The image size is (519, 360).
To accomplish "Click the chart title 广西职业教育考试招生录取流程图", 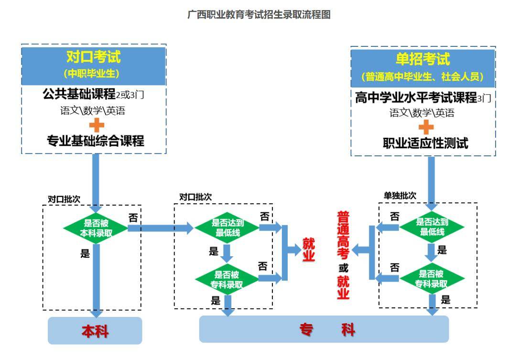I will click(259, 15).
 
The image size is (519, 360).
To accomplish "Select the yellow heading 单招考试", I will click(423, 59).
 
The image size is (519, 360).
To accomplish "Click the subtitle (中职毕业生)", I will click(94, 74).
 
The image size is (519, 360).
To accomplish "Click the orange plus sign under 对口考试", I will click(97, 126).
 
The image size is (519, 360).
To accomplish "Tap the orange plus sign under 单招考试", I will click(426, 127).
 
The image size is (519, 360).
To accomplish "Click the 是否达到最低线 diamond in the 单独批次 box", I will click(432, 227).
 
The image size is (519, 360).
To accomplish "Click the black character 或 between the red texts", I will click(343, 268).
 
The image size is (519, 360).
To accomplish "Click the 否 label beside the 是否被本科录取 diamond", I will click(133, 218).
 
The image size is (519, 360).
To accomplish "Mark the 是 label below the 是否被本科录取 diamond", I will click(85, 253).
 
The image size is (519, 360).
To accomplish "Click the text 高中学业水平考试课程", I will click(416, 98).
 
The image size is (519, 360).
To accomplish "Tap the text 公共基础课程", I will click(79, 94).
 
